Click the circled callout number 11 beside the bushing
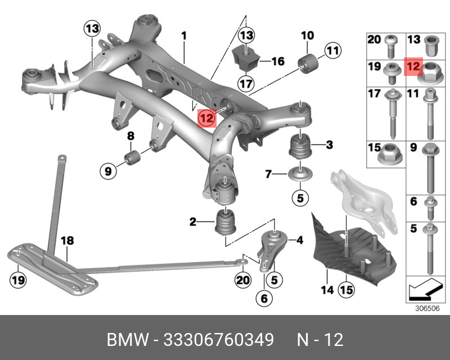coord(332,52)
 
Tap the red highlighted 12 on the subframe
coord(207,118)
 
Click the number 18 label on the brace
coord(67,241)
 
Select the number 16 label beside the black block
coord(278,61)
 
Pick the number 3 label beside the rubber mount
coord(329,146)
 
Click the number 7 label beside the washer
coord(269,173)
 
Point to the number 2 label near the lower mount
coord(193,222)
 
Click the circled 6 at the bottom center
coord(263,298)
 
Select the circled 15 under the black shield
coord(345,290)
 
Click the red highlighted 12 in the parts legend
coord(413,67)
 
